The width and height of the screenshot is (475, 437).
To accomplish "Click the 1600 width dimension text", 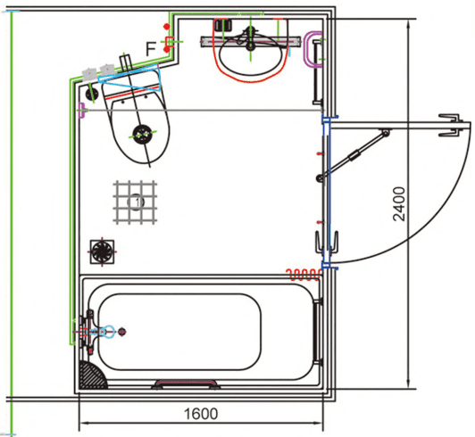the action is click(201, 414).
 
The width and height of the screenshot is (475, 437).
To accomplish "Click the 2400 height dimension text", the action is click(398, 204).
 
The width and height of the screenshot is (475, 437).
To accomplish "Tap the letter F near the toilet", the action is click(151, 49).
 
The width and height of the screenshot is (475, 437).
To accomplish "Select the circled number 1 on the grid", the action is click(137, 202).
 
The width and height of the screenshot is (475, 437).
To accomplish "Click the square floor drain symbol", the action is click(103, 251).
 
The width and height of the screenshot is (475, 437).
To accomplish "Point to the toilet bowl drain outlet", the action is click(142, 135).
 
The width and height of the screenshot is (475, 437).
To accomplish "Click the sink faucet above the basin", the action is click(251, 38).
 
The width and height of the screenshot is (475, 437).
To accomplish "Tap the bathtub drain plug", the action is click(121, 332).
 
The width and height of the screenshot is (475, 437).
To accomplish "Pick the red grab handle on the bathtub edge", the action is click(186, 384).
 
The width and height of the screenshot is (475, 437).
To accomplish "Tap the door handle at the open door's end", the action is click(451, 125).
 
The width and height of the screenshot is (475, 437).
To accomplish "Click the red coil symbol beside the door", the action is click(304, 274).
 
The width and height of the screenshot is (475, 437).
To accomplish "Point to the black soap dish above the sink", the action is click(223, 25).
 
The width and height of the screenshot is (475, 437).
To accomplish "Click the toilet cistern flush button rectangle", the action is click(126, 62).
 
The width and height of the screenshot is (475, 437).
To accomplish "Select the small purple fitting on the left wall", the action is click(81, 111).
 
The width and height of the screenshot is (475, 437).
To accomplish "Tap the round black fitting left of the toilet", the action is click(91, 94).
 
